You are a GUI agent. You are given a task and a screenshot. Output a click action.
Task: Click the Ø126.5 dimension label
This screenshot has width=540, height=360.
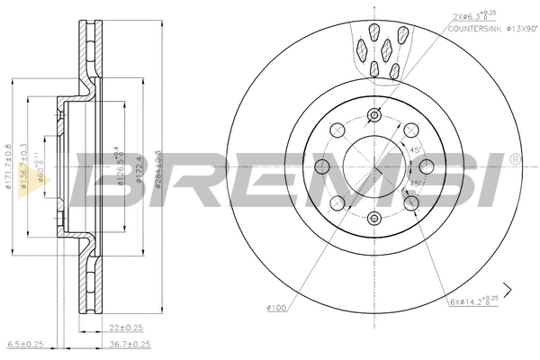116,166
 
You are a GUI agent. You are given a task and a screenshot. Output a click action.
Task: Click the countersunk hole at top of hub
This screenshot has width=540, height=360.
373,115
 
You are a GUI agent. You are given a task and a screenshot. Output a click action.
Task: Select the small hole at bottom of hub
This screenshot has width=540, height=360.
373,217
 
